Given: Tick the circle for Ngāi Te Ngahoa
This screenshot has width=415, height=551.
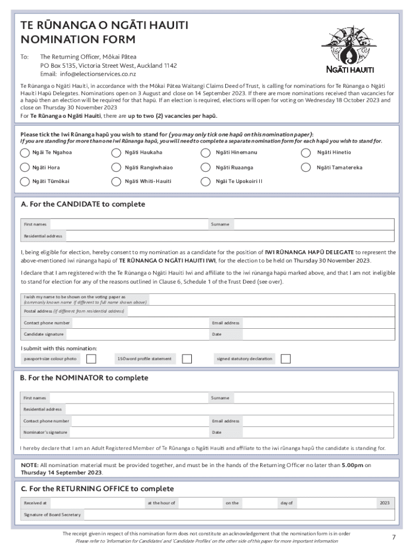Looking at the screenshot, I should (x=25, y=152).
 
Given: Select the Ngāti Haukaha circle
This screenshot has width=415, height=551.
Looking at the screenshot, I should (x=116, y=152).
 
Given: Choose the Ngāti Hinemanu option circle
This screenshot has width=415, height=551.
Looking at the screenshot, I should (x=205, y=152).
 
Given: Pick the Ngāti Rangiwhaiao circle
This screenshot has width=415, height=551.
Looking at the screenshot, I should (x=116, y=167).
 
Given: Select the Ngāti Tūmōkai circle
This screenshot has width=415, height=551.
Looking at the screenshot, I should (x=25, y=181).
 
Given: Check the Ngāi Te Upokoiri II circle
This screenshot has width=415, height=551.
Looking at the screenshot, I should (x=205, y=181).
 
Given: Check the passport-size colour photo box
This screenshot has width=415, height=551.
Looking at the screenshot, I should (x=92, y=358).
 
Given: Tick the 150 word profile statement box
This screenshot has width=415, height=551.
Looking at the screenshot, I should (x=187, y=358).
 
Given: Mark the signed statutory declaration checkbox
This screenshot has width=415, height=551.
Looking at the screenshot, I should (x=286, y=358).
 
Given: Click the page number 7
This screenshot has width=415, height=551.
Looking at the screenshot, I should (x=393, y=537).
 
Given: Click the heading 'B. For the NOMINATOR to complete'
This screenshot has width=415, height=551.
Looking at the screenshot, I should (x=84, y=378).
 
